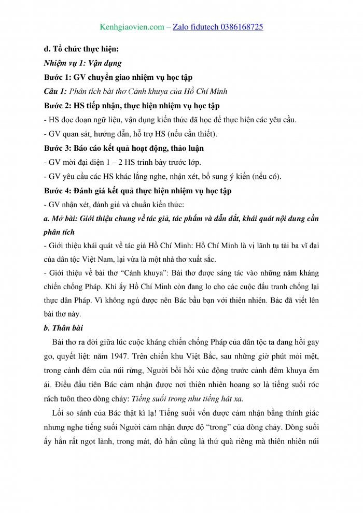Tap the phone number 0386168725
pos(239,26)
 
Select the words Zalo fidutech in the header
pos(191,26)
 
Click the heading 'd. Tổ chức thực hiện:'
pos(82,49)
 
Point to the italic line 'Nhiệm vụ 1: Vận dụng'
pos(83,63)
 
